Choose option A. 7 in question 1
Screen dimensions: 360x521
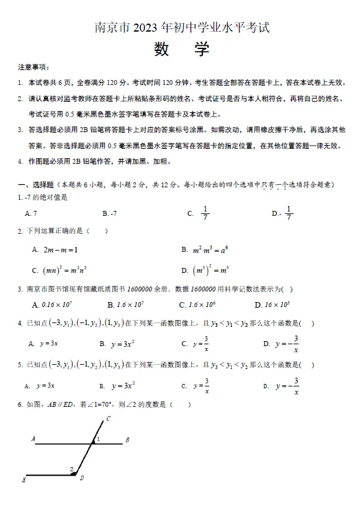tap(31, 213)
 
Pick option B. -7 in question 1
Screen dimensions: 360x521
tap(110, 213)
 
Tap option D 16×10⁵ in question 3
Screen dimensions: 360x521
tap(277, 305)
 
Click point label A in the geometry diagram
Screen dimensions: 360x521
tap(33, 439)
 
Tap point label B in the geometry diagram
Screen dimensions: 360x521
tap(127, 440)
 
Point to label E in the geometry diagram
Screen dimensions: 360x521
tap(24, 479)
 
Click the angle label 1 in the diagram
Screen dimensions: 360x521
tap(97, 439)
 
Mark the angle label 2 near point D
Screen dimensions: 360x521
tap(71, 470)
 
